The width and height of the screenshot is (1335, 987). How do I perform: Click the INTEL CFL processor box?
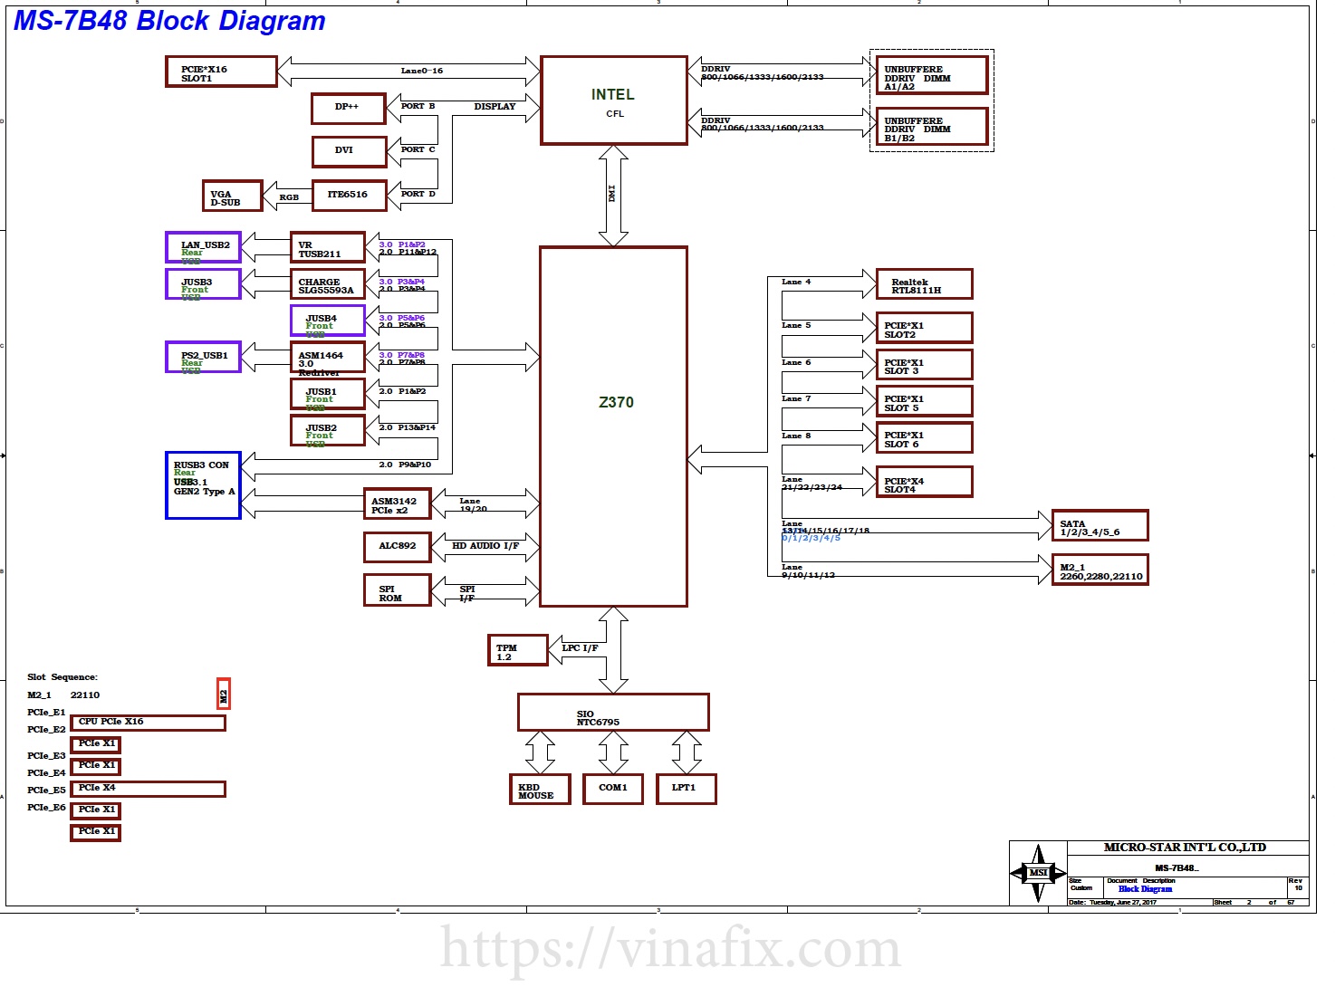[x=613, y=101]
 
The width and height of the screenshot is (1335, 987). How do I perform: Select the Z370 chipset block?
[x=613, y=426]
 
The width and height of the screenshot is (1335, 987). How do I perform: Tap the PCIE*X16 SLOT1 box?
[x=221, y=72]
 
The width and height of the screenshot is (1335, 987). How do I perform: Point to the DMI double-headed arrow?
[x=613, y=195]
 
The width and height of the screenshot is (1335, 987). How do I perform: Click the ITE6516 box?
[x=349, y=196]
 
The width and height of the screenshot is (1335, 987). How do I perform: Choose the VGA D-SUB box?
[x=232, y=196]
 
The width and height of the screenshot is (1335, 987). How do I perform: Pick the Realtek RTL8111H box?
[x=924, y=284]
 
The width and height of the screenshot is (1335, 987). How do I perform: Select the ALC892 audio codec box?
[x=397, y=547]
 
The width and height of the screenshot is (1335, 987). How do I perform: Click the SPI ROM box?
[x=397, y=590]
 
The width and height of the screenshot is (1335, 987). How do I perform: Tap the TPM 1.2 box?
[x=517, y=650]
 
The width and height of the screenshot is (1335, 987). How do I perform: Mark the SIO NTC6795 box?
[x=613, y=713]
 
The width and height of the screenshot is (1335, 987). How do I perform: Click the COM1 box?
[x=613, y=789]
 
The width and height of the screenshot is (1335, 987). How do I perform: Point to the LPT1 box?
[x=686, y=789]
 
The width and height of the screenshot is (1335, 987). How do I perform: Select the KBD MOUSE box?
[x=540, y=790]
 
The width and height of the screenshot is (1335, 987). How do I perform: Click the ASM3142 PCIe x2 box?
[x=397, y=504]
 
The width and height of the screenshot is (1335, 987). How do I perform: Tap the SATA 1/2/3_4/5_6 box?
[x=1100, y=526]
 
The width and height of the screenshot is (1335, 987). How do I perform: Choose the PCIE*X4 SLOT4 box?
[x=924, y=483]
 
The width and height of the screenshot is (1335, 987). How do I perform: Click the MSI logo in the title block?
[x=1038, y=873]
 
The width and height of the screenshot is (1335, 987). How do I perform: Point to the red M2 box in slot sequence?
[x=224, y=694]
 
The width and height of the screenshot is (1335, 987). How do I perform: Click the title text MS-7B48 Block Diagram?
[x=169, y=20]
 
